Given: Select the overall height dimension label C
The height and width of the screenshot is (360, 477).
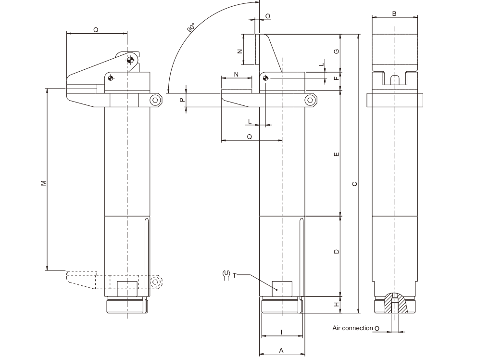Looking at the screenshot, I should tap(354, 183).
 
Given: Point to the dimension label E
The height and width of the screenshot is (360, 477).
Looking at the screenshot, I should tap(337, 154).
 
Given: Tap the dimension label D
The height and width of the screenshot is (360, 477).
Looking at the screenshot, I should tap(337, 251).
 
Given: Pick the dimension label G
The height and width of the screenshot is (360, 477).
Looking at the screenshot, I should tap(337, 51).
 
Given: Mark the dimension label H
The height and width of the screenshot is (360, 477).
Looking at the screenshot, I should tap(337, 304).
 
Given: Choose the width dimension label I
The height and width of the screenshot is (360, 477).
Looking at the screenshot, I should tap(281, 332).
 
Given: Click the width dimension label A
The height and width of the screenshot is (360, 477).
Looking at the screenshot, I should tap(281, 351).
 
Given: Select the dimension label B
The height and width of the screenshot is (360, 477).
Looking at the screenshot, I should tap(394, 13).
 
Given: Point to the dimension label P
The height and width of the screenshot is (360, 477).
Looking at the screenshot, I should tap(181, 100).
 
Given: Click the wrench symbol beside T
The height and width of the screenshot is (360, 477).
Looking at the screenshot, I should tap(226, 275).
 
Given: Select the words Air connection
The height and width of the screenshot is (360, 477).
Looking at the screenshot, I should tap(352, 328).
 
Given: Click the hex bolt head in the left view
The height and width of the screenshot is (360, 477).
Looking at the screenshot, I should tap(155, 100).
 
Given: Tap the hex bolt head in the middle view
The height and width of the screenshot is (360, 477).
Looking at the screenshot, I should tap(311, 100).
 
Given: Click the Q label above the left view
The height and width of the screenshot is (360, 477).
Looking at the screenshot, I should tap(96, 29).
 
